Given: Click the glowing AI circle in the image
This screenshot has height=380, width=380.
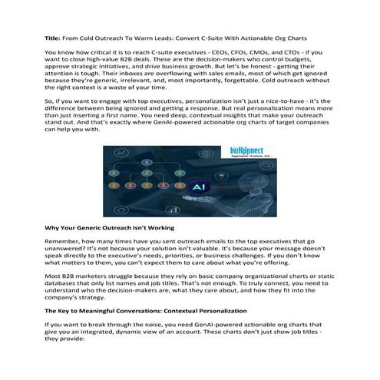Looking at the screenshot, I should click(x=198, y=186).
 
